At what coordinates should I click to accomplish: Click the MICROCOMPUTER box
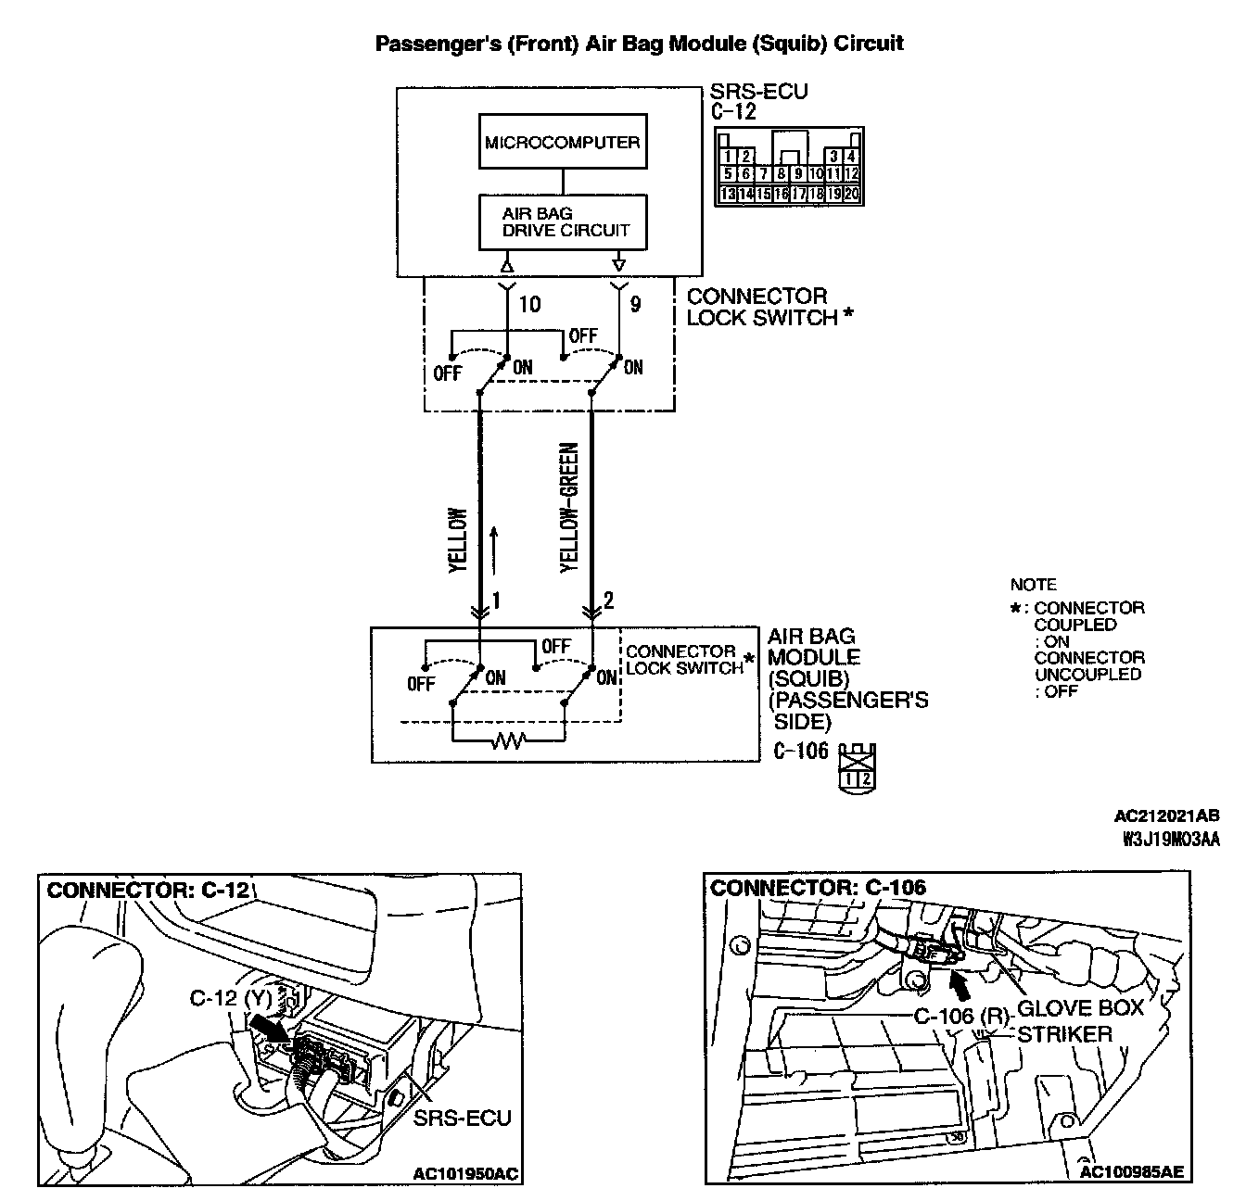tap(562, 143)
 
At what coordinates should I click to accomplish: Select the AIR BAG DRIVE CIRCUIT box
tap(562, 222)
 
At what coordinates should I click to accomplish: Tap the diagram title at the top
tap(639, 44)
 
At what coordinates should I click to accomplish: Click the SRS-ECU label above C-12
tap(757, 92)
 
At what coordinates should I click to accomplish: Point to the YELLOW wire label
tap(458, 541)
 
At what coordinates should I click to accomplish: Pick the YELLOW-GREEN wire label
tap(569, 508)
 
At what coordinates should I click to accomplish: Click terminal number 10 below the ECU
tap(529, 304)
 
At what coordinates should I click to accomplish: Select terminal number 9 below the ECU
tap(635, 304)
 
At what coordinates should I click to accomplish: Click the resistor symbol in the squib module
tap(507, 740)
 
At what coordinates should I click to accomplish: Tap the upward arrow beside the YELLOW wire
tap(494, 548)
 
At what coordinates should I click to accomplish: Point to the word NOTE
tap(1033, 585)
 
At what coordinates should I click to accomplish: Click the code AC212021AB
tap(1166, 816)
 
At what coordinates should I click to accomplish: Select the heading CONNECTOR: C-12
tap(148, 891)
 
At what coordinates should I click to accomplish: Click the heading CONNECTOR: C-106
tap(818, 888)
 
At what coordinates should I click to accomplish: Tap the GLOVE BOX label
tap(1080, 1008)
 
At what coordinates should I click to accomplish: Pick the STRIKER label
tap(1064, 1033)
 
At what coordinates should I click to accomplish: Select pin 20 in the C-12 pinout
tap(851, 195)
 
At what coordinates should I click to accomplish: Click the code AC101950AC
tap(466, 1174)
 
